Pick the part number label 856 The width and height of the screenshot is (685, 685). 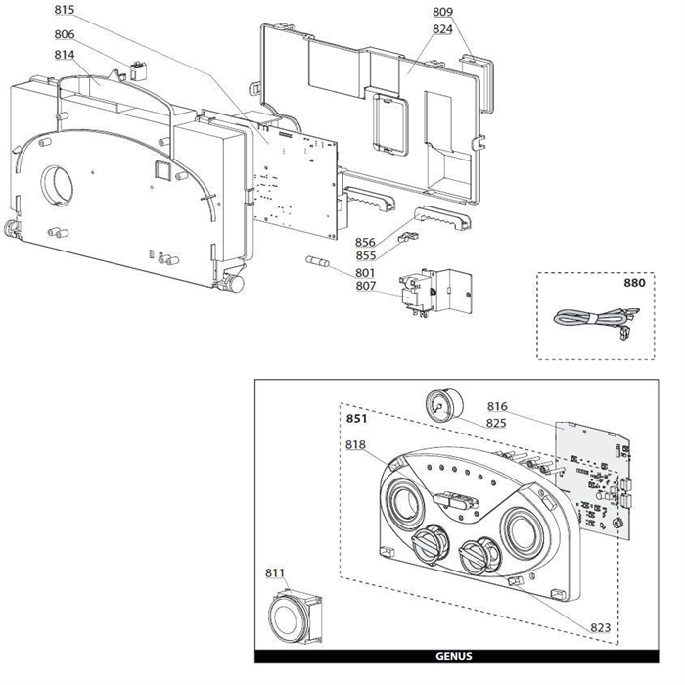(x=365, y=242)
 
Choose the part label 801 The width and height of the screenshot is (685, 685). (x=365, y=272)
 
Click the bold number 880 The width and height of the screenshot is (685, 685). (x=634, y=284)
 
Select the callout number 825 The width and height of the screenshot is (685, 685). (x=497, y=423)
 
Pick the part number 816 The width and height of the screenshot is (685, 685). (x=497, y=406)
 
